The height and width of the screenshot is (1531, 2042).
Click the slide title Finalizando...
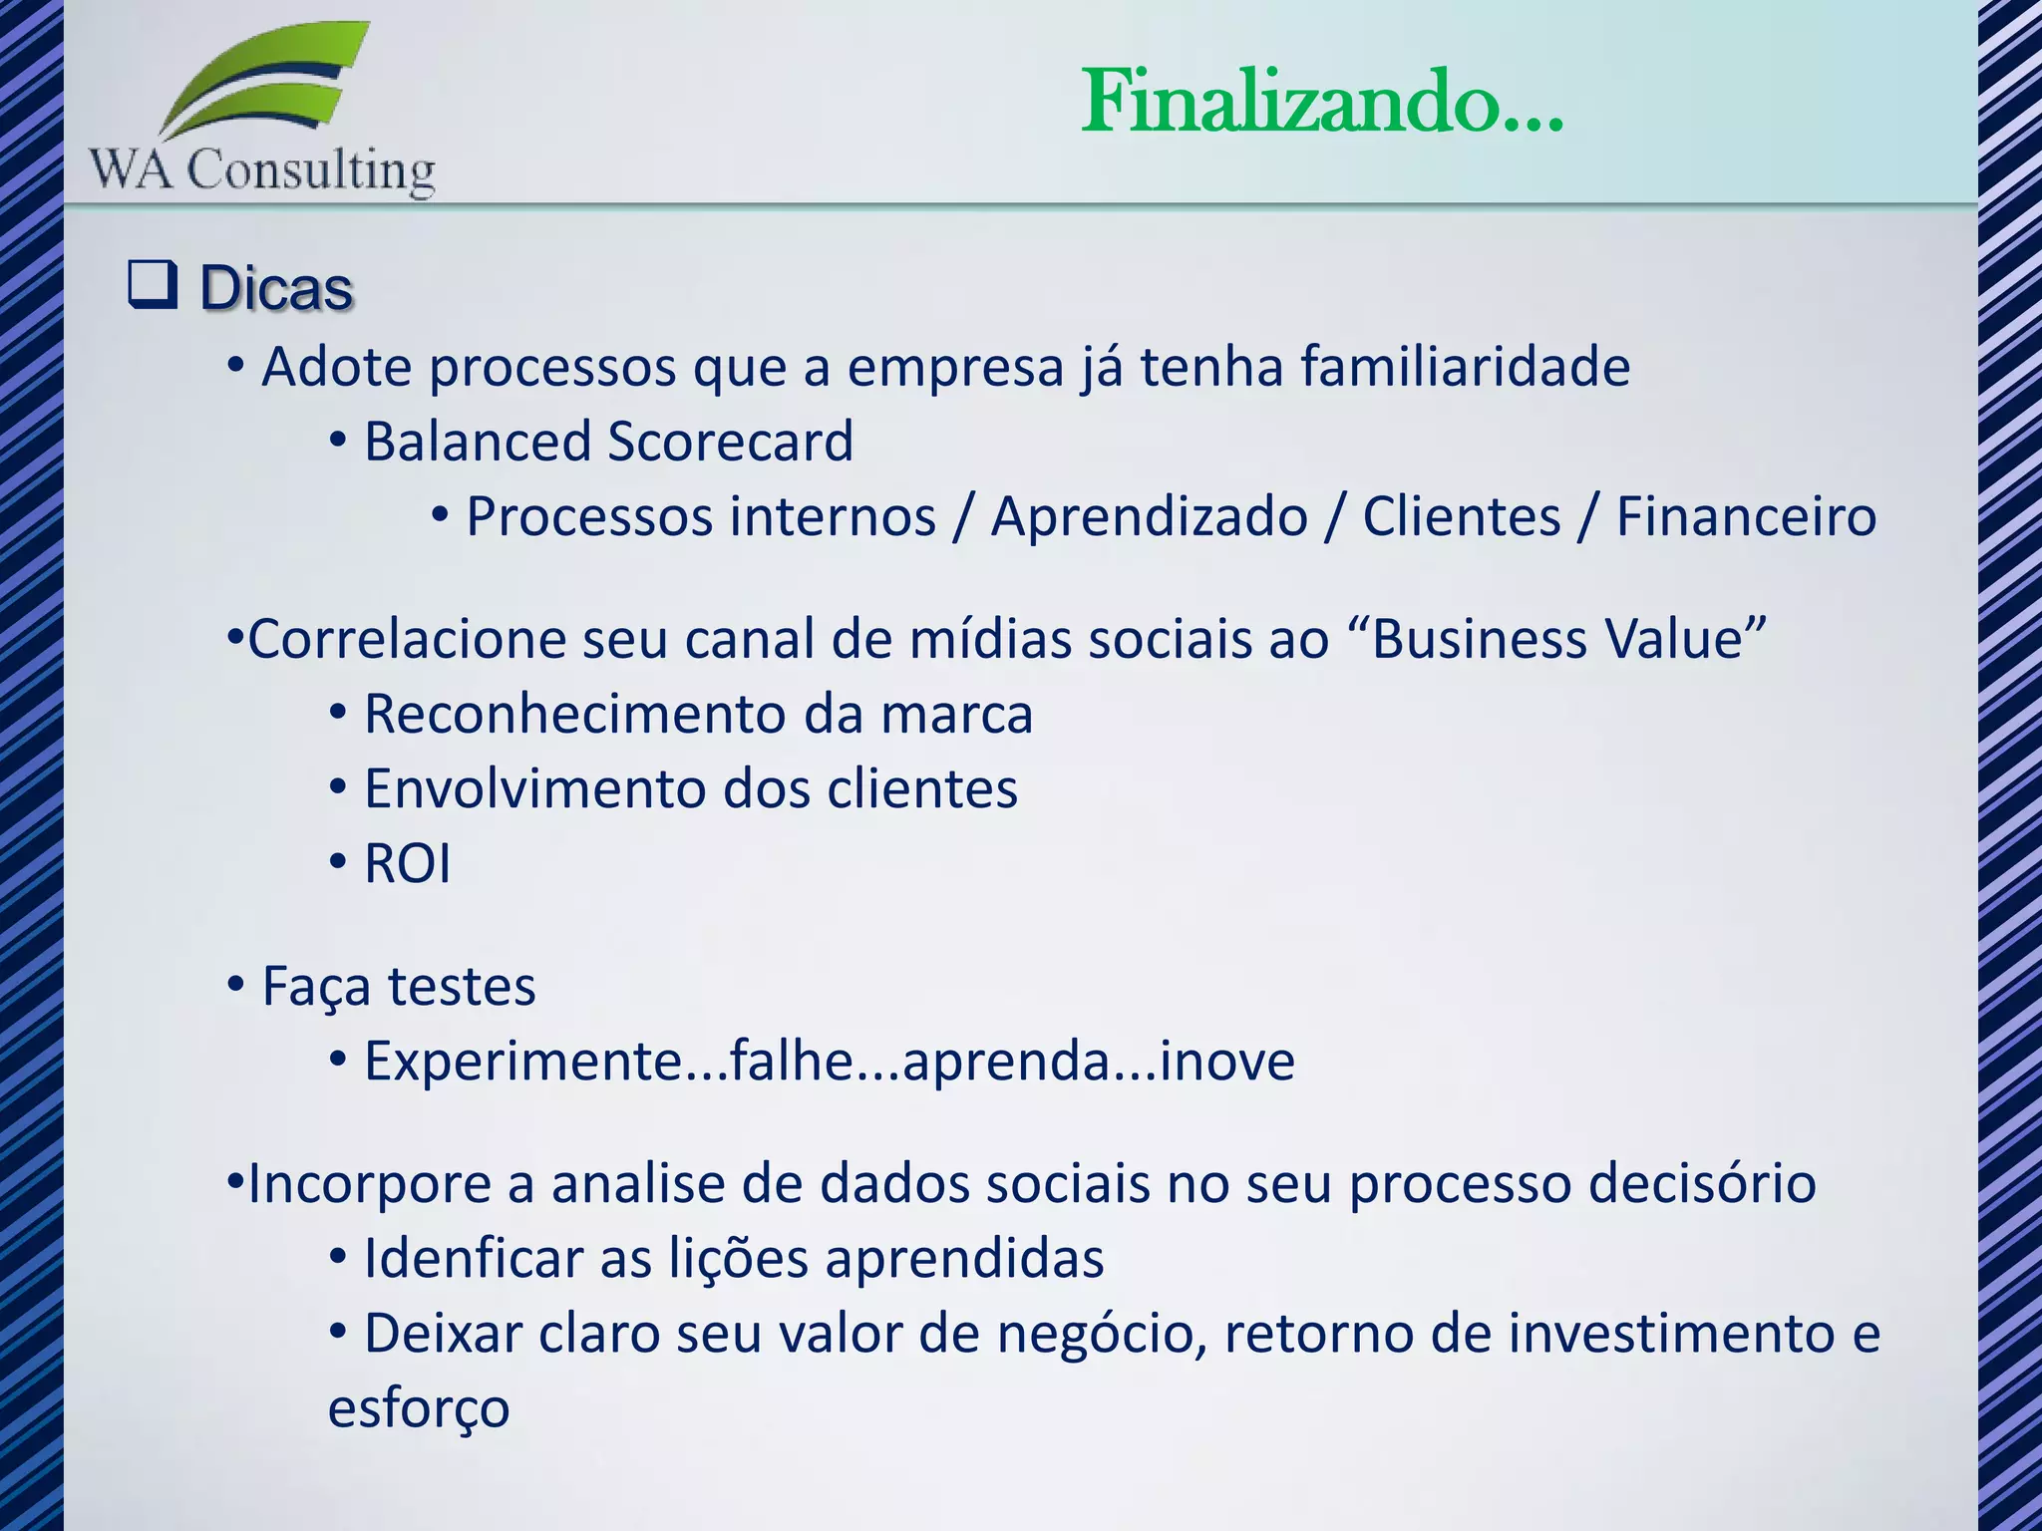click(1322, 102)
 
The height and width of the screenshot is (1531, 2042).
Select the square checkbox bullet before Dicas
click(153, 285)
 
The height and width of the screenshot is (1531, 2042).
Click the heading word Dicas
click(276, 289)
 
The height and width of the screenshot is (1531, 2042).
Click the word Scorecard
click(730, 442)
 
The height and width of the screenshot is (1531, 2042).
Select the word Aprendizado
click(1149, 516)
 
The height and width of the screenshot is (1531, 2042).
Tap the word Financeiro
click(1746, 516)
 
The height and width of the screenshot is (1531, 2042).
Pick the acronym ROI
click(407, 863)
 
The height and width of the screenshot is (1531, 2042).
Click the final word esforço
click(419, 1408)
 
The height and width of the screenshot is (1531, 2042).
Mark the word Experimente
click(524, 1061)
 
